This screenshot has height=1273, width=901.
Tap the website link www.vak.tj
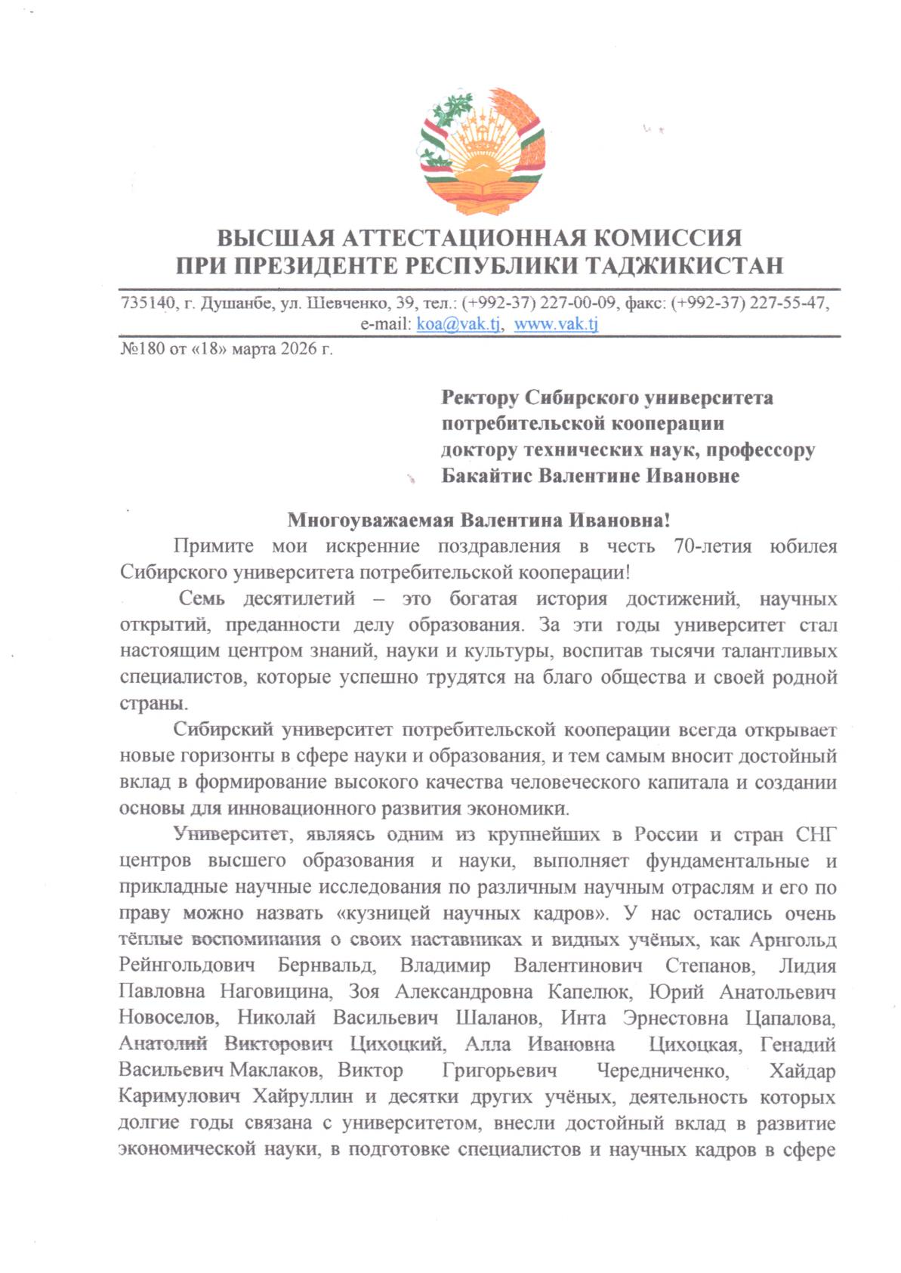556,324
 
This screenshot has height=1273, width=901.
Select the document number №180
142,350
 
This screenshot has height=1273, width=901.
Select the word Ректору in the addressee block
480,397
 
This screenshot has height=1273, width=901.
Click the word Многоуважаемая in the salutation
370,521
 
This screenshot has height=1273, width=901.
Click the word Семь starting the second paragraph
202,599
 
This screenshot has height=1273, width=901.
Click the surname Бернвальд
326,966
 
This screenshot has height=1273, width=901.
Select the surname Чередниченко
662,1071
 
